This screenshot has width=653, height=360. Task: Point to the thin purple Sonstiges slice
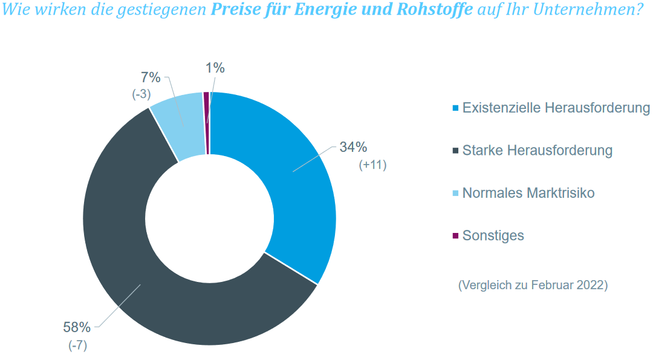[x=206, y=121]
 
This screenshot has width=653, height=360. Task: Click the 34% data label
[x=353, y=148]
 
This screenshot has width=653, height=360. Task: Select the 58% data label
[x=77, y=327]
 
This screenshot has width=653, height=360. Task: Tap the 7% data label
[x=151, y=77]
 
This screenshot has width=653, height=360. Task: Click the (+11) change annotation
[x=372, y=165]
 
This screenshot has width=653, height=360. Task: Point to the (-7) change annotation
[x=77, y=345]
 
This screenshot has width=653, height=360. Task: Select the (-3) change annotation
[x=141, y=94]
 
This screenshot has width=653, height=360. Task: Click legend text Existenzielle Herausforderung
[x=556, y=108]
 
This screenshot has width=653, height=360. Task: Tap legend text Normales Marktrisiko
[x=528, y=194]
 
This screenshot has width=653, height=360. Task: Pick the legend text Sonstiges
[x=493, y=236]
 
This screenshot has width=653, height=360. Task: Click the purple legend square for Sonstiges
[x=455, y=236]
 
